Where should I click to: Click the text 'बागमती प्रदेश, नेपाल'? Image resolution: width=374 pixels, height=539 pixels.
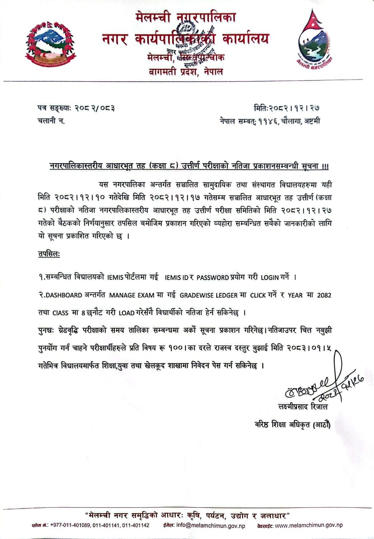[186, 72]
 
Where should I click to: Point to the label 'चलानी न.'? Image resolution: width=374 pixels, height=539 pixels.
[51, 121]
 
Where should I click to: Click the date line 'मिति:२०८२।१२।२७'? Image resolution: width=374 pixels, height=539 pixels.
[286, 107]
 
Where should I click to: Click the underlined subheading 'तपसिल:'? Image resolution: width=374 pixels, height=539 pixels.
[49, 254]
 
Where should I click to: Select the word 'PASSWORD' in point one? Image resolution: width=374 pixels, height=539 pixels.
[212, 277]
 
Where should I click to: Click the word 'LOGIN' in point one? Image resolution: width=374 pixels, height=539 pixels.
[270, 277]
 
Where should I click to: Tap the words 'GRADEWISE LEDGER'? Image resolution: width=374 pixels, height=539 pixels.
[208, 295]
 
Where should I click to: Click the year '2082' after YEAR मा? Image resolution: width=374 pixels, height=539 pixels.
[324, 295]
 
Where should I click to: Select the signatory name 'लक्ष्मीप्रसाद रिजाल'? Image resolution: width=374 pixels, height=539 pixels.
[302, 407]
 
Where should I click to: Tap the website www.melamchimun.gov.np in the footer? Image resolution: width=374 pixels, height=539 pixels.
[309, 525]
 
